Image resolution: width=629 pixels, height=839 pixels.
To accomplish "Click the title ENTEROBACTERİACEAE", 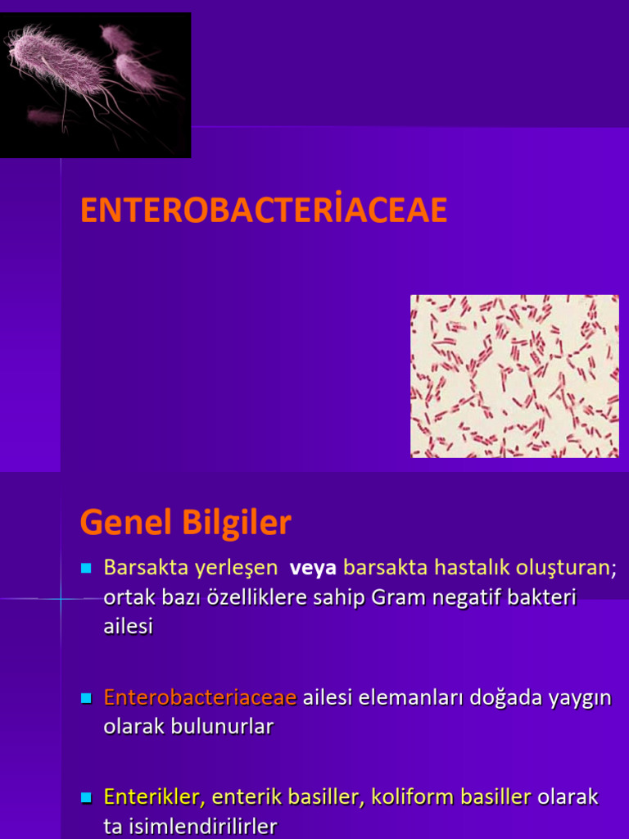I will [264, 211].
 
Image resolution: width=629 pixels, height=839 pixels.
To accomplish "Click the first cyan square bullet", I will [85, 568].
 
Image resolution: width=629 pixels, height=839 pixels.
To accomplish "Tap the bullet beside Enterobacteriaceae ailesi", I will [85, 699].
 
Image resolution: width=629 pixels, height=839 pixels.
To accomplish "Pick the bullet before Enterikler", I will [85, 797].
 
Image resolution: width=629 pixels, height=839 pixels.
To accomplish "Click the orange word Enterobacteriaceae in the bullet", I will [200, 698].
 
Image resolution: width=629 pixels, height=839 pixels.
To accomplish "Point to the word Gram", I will [396, 598].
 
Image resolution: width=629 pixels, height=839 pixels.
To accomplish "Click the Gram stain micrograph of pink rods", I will [514, 376].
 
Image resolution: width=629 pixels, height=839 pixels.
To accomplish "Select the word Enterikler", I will [154, 796].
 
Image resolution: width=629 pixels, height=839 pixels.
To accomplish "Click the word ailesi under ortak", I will [129, 627].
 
